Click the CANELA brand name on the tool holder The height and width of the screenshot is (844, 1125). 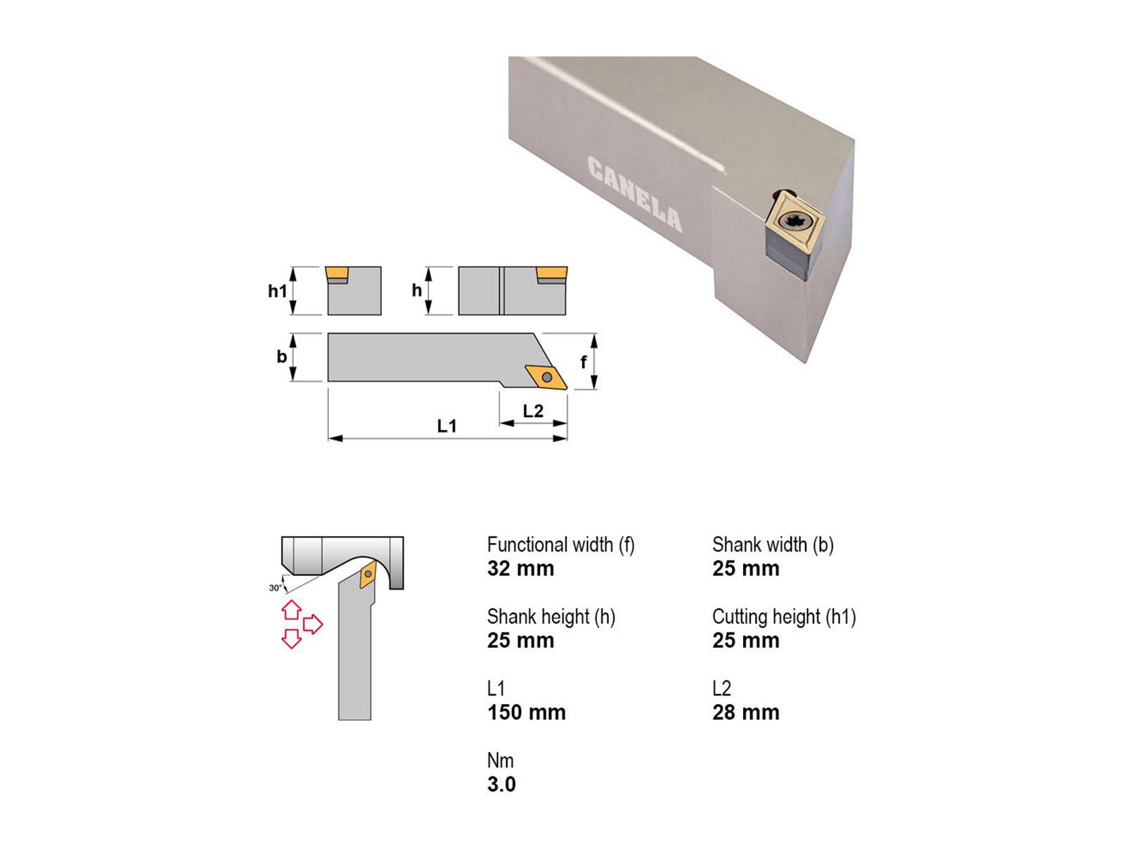(x=634, y=193)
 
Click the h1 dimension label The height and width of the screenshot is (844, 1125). (x=277, y=291)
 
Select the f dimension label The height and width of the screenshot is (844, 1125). (x=583, y=362)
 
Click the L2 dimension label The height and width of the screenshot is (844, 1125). (x=532, y=411)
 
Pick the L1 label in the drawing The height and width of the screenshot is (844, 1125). (x=446, y=426)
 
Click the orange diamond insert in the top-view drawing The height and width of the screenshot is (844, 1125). (x=546, y=377)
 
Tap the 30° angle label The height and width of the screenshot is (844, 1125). (x=275, y=588)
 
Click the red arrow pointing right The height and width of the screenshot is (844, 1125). (x=313, y=624)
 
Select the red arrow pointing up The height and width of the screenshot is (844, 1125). (x=292, y=610)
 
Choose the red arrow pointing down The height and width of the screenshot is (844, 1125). (x=292, y=639)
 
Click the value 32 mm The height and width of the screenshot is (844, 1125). (x=520, y=569)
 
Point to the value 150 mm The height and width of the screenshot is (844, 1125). (x=527, y=712)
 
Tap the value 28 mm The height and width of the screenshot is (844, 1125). (x=746, y=712)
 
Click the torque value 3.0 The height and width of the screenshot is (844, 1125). (x=501, y=784)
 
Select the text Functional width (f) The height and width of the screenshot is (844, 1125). (x=560, y=544)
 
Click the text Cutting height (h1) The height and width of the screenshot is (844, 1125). (x=784, y=617)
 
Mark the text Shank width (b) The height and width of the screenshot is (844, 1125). (x=773, y=544)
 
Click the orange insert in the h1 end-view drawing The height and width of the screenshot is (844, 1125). (x=337, y=273)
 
